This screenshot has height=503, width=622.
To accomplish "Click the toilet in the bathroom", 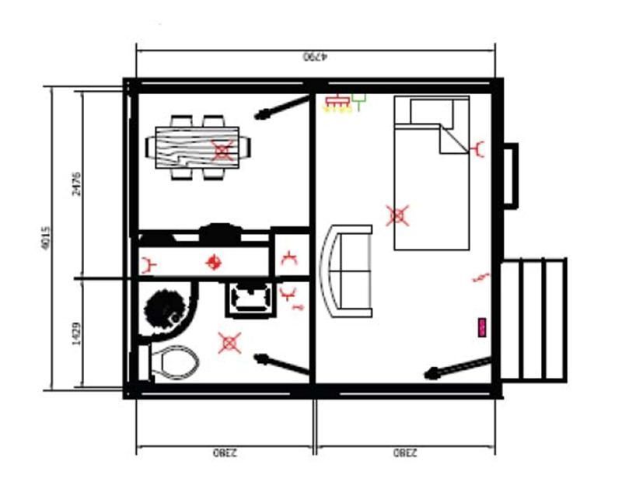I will [173, 362].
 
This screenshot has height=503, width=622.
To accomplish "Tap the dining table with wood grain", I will [198, 147].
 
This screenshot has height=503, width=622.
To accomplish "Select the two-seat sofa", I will [347, 270].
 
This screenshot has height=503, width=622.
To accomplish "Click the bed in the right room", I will [432, 174].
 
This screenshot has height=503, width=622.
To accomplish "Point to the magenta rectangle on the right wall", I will [482, 327].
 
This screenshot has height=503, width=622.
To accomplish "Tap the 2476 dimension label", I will [76, 183].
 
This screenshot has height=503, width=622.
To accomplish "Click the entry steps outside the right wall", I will [534, 320].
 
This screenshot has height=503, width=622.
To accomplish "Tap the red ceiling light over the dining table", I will [222, 150].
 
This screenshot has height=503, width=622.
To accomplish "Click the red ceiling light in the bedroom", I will [397, 215].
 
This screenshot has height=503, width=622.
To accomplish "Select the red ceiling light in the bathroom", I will [229, 341].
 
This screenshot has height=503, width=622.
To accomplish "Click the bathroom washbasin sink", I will [250, 298].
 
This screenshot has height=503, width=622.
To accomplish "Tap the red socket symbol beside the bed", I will [479, 148].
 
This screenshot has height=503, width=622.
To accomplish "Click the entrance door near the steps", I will [458, 368].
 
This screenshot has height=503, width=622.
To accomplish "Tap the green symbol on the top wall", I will [358, 101].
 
